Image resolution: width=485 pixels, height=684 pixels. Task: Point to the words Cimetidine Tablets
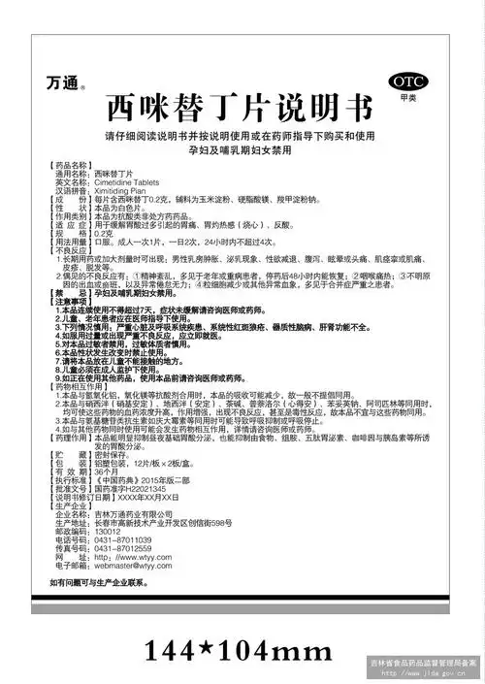pos(127,181)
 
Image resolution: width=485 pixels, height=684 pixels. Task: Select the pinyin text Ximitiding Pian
pos(120,190)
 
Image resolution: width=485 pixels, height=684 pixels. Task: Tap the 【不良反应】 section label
pos(70,249)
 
